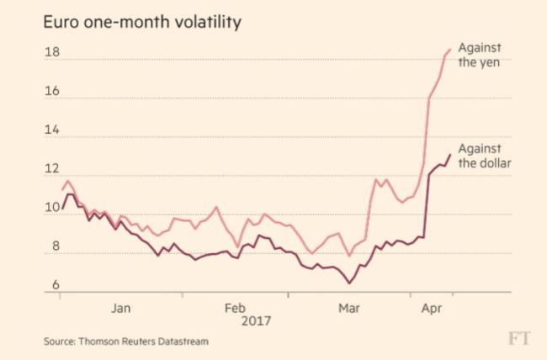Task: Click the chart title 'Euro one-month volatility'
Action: point(142,23)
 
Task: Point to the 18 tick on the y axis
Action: point(52,52)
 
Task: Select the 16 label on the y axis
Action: point(52,91)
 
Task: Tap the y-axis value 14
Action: point(52,130)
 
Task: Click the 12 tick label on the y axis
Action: point(52,168)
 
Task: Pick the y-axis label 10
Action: point(52,208)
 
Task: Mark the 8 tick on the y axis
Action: point(56,246)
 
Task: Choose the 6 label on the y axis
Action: point(56,285)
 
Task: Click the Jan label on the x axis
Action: point(121,309)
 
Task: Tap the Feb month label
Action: point(235,309)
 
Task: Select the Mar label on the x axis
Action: point(349,309)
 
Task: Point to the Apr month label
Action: point(432,309)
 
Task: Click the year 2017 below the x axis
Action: point(256,321)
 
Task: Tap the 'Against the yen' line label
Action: point(480,56)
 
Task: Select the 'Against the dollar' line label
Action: point(485,156)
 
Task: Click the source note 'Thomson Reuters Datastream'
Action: point(143,341)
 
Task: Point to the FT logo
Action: point(519,338)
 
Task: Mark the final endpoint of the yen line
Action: point(450,50)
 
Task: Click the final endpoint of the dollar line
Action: point(450,155)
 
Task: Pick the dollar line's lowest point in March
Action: point(349,283)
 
